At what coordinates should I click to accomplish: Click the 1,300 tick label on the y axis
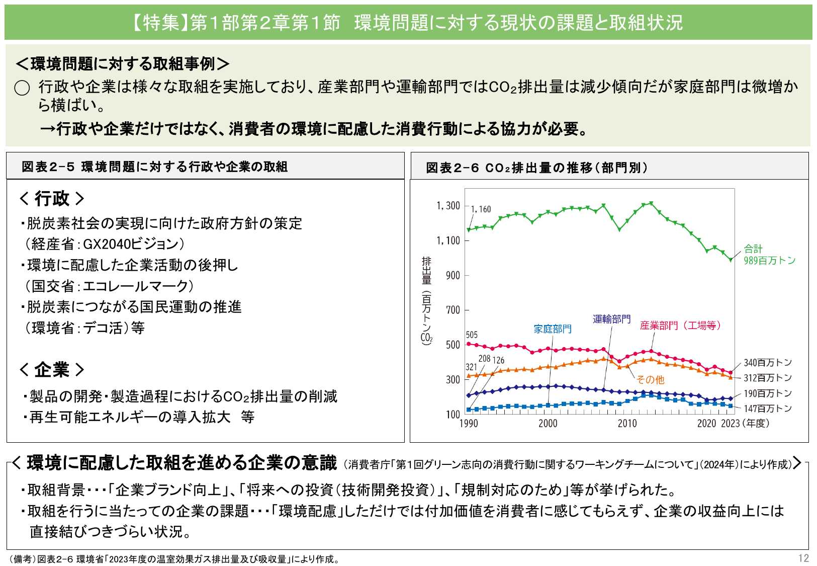pos(448,206)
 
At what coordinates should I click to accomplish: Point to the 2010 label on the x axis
pos(627,424)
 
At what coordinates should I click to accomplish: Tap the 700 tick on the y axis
pos(452,310)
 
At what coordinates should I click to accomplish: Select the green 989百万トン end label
pos(769,261)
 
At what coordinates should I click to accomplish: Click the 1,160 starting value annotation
pos(481,209)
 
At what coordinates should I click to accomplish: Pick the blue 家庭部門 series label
pos(553,329)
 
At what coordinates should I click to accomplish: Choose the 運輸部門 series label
pos(611,319)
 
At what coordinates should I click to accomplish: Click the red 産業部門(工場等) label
pos(680,326)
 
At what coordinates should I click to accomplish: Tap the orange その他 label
pos(650,380)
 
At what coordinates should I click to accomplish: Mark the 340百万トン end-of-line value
pos(767,363)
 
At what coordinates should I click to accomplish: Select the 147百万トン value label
pos(767,409)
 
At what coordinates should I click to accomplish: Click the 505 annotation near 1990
pos(472,335)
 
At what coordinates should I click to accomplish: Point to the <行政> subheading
pos(52,199)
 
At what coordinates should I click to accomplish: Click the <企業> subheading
pos(52,370)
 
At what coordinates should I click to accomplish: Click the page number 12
pos(803,558)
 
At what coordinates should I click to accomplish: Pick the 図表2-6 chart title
pos(536,168)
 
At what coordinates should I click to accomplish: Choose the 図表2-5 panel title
pos(154,167)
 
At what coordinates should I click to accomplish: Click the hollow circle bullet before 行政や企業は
pos(22,88)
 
